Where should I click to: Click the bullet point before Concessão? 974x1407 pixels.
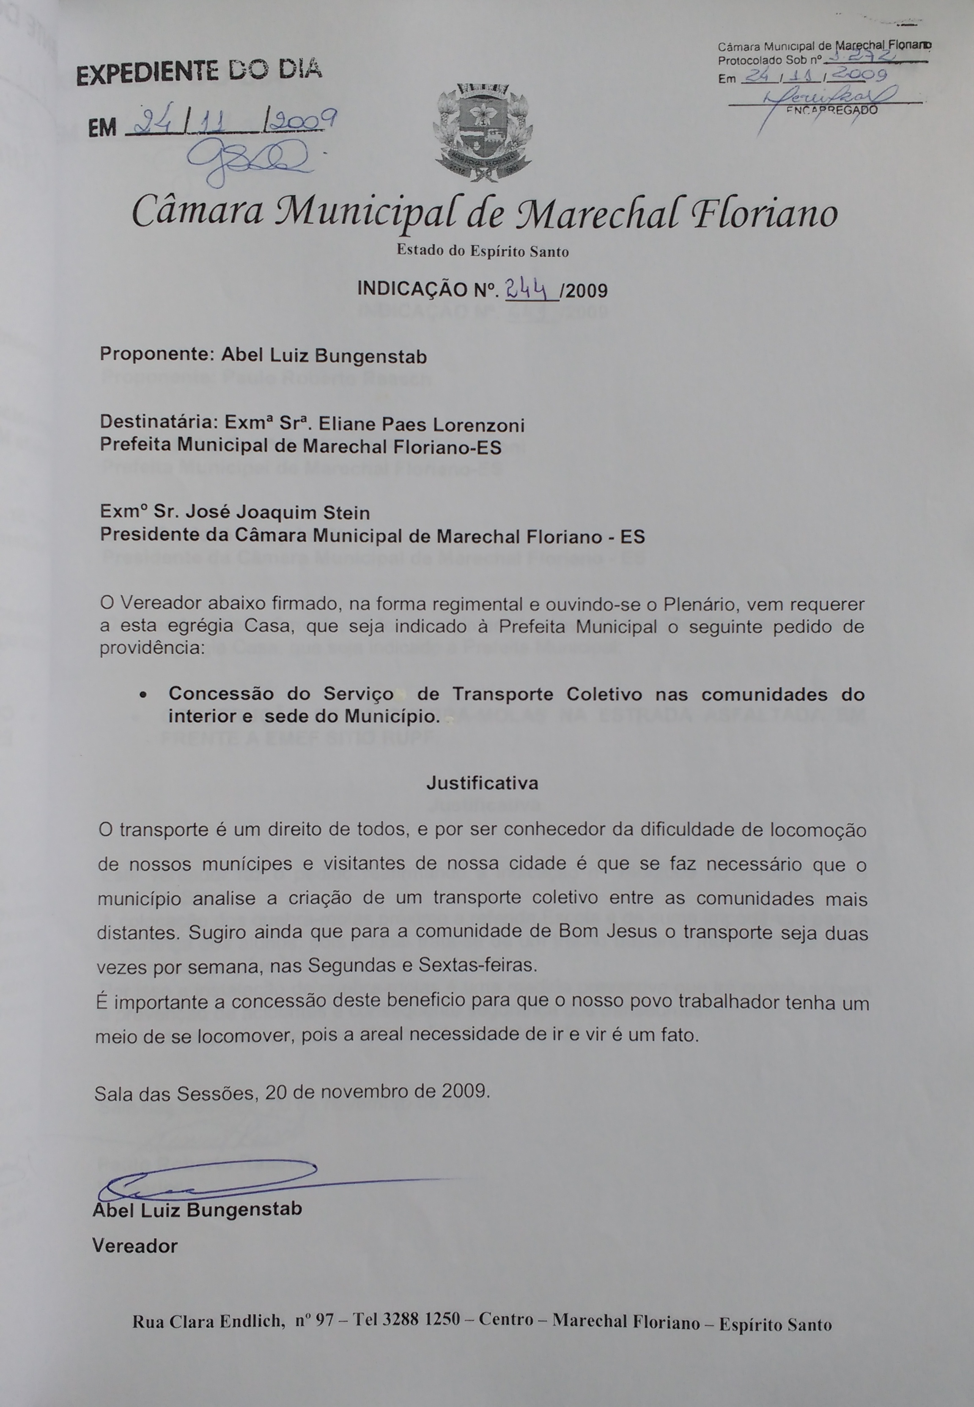coord(142,695)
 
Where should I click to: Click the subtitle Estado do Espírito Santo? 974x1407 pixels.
coord(482,251)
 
